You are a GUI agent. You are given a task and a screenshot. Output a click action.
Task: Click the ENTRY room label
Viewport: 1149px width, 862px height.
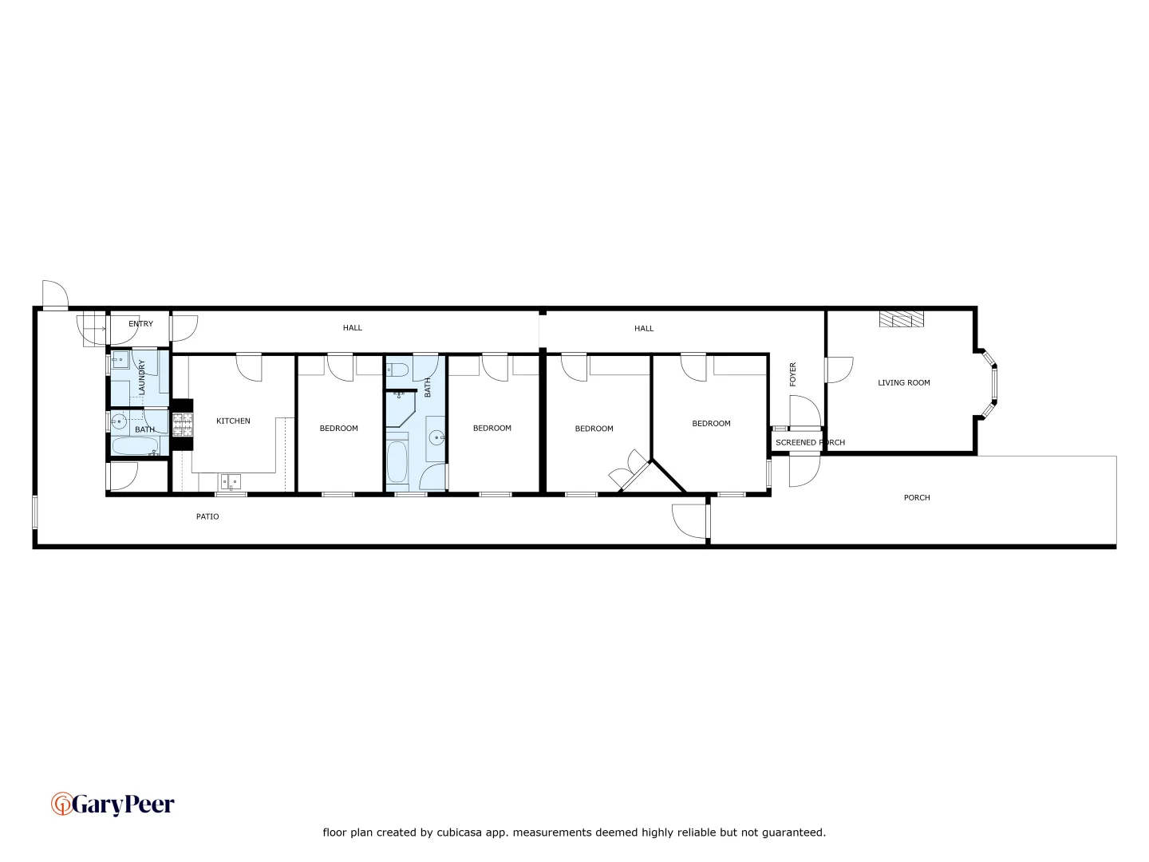(x=140, y=324)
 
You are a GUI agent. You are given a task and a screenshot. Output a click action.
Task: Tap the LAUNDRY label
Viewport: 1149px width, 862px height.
(x=142, y=377)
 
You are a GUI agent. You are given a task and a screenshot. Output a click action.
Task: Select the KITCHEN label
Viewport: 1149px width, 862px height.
(x=233, y=421)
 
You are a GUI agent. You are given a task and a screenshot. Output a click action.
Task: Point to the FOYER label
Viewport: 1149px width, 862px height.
(x=793, y=374)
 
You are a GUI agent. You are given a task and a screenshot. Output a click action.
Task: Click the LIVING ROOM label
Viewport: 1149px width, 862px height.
(x=903, y=382)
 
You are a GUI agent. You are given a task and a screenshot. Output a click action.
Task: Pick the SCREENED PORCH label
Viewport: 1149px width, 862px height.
(x=810, y=442)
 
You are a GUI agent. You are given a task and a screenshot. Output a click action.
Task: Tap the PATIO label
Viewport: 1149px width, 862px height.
(x=207, y=516)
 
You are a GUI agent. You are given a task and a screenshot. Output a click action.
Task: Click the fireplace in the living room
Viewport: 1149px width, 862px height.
(x=902, y=319)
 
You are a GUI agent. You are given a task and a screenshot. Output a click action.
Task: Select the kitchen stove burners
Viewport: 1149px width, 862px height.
(x=183, y=423)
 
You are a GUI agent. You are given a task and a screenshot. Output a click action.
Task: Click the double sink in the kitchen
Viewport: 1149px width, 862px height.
(x=231, y=481)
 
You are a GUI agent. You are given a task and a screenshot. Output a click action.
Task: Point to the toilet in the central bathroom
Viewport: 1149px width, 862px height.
(x=398, y=370)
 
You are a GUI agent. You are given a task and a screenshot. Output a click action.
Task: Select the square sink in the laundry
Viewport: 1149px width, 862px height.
(x=120, y=360)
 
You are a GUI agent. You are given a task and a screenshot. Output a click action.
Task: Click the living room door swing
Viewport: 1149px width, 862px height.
(x=838, y=370)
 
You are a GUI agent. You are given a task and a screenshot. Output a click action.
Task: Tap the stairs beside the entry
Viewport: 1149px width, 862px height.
(x=93, y=328)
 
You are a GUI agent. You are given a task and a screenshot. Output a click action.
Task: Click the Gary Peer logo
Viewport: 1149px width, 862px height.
(x=113, y=804)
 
